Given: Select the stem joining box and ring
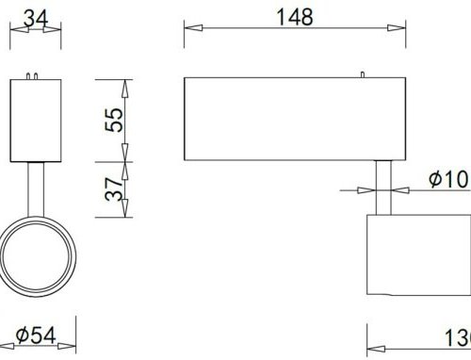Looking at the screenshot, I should [37, 188].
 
